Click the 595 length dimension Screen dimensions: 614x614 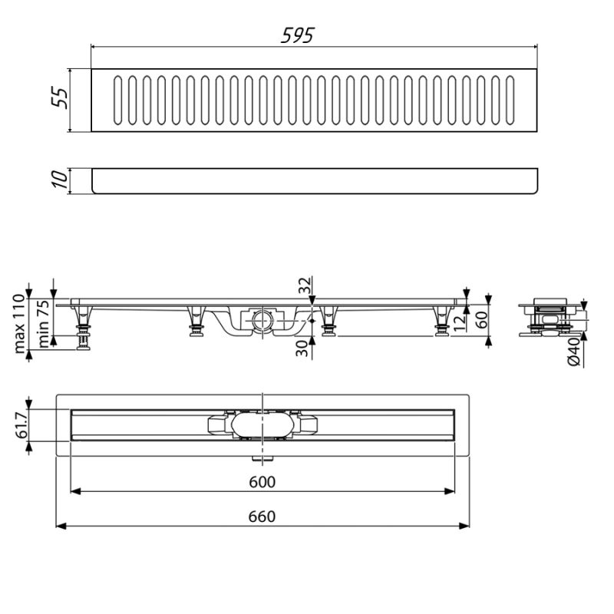tap(299, 35)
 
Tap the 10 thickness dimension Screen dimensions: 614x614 tap(61, 180)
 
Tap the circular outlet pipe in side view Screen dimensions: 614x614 tap(261, 319)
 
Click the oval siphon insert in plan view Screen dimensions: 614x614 tap(261, 425)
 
